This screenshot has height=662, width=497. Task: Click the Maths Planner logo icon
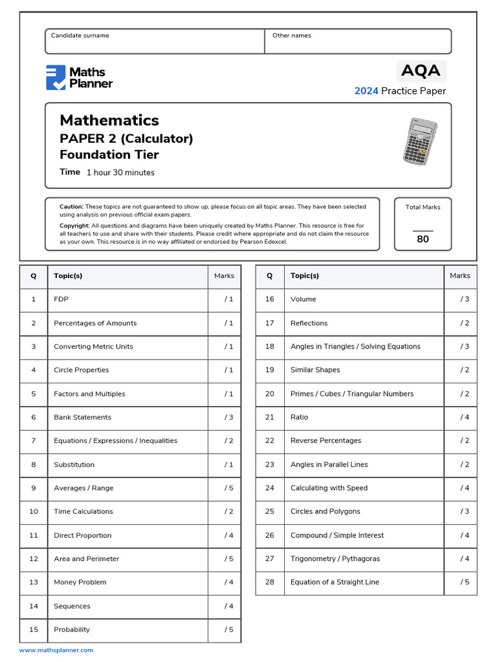56,78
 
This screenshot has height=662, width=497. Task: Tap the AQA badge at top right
421,70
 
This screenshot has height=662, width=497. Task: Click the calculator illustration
419,142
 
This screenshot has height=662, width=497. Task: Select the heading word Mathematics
109,120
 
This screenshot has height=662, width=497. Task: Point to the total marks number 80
423,239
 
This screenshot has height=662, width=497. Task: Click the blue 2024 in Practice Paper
366,91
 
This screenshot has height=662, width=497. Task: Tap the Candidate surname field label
80,36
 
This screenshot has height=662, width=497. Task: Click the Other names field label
291,36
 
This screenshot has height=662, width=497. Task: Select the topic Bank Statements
82,418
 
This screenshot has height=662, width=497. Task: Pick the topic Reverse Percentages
326,441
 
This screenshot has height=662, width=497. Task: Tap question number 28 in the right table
270,582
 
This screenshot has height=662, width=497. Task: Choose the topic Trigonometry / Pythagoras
335,559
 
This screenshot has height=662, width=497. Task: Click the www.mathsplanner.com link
56,650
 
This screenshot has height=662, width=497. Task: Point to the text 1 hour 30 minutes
120,173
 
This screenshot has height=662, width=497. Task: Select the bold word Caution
71,207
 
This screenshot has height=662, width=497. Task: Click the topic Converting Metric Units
93,347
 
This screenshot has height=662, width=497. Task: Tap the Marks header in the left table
224,276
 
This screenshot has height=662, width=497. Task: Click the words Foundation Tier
109,155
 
